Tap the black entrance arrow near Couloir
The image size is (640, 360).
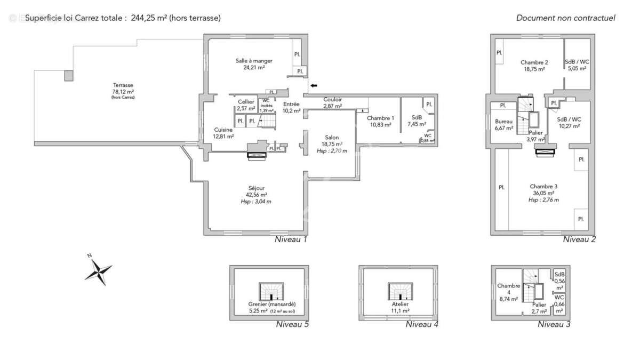(x=314, y=85)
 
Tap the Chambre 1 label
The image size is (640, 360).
(x=380, y=121)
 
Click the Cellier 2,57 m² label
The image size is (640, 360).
(x=246, y=105)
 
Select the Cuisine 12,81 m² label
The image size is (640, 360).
(x=224, y=133)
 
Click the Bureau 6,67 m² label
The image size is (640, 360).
(x=503, y=124)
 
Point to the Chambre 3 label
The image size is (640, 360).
(x=543, y=189)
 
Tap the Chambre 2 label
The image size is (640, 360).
(x=534, y=66)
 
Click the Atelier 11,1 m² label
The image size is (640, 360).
(x=399, y=307)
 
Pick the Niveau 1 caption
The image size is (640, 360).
(x=291, y=239)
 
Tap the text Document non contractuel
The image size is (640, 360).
(x=565, y=18)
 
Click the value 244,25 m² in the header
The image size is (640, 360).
(x=149, y=18)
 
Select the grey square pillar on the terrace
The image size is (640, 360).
(x=69, y=75)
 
